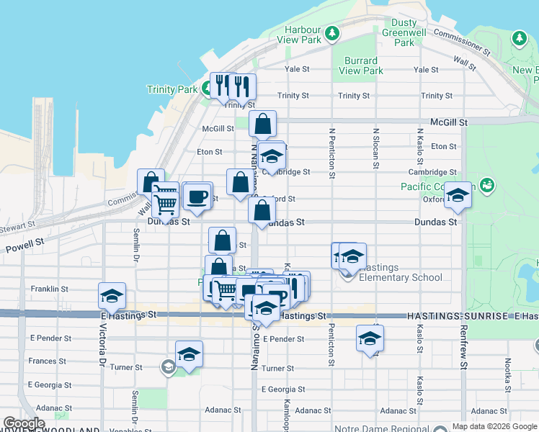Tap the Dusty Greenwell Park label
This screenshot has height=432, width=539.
pos(404,32)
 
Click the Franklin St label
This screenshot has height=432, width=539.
pos(49,289)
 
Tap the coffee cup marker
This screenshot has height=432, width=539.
pos(197,196)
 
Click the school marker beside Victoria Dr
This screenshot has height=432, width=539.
pos(112,296)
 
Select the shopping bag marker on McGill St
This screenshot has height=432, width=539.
pos(263,125)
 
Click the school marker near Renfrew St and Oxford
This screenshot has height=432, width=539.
pos(457,194)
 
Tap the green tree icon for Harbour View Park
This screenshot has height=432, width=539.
pos(331,32)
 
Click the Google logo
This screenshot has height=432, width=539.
pos(24,423)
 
